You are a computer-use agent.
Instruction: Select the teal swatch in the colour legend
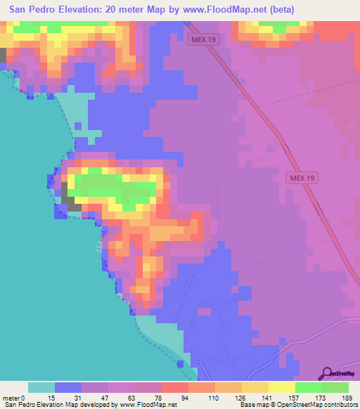click(x=41, y=387)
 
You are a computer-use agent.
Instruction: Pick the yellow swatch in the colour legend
click(x=282, y=387)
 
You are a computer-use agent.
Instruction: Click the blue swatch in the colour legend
click(x=68, y=387)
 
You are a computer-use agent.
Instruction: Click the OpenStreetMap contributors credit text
click(x=324, y=405)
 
